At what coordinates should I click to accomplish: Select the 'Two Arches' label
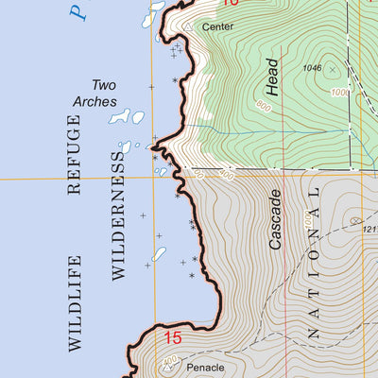click(93, 94)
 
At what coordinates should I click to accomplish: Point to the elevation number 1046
click(313, 69)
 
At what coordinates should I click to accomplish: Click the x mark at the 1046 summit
click(332, 68)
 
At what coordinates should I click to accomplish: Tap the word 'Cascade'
click(275, 219)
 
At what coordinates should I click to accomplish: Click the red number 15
click(172, 337)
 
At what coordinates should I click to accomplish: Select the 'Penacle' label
click(205, 367)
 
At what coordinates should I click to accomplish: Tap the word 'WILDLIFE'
click(75, 303)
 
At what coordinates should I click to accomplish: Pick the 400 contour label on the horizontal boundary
click(225, 175)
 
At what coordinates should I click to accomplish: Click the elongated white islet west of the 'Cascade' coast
click(159, 254)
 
